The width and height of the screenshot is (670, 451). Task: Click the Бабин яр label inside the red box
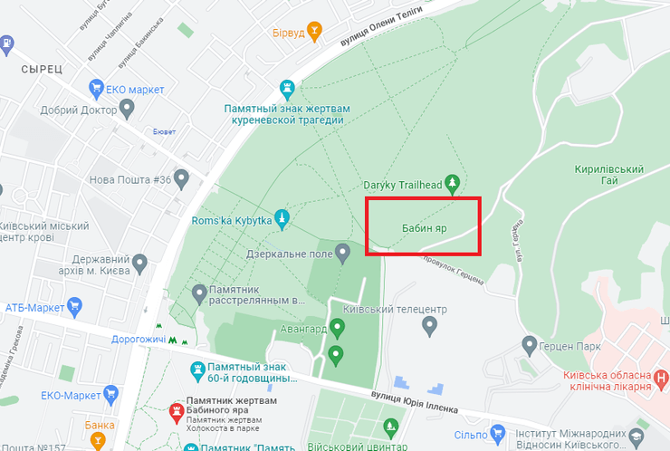click(x=422, y=227)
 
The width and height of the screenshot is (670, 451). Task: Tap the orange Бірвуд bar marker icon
click(x=314, y=33)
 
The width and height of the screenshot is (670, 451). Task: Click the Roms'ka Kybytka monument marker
click(x=283, y=217)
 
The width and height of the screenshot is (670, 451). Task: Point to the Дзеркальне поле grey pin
click(x=343, y=254)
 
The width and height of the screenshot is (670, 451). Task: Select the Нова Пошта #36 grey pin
click(x=182, y=178)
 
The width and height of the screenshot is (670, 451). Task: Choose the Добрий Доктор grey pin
click(x=128, y=110)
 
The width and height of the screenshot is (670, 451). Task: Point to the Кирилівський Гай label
click(x=608, y=176)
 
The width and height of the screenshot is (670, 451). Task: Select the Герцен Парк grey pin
click(x=531, y=344)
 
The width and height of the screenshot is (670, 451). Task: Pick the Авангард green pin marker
click(x=338, y=327)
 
